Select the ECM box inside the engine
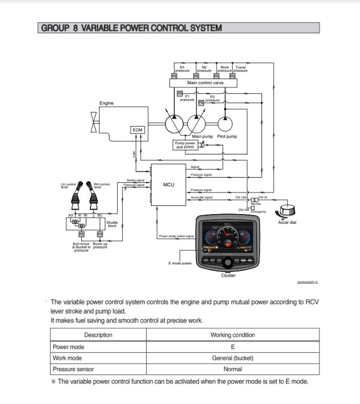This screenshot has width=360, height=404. pyautogui.click(x=137, y=130)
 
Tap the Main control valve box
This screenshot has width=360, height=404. pyautogui.click(x=205, y=83)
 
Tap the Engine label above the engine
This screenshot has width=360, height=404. pyautogui.click(x=107, y=103)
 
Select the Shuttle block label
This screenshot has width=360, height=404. pyautogui.click(x=112, y=224)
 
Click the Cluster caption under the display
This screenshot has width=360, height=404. pyautogui.click(x=229, y=276)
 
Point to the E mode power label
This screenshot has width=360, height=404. pyautogui.click(x=180, y=263)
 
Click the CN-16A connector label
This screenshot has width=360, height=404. pyautogui.click(x=241, y=197)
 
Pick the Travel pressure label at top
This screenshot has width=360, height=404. pyautogui.click(x=240, y=69)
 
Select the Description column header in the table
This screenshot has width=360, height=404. pyautogui.click(x=98, y=335)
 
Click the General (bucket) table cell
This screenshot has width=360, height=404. pyautogui.click(x=233, y=358)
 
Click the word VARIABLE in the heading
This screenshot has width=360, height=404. pyautogui.click(x=98, y=28)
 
